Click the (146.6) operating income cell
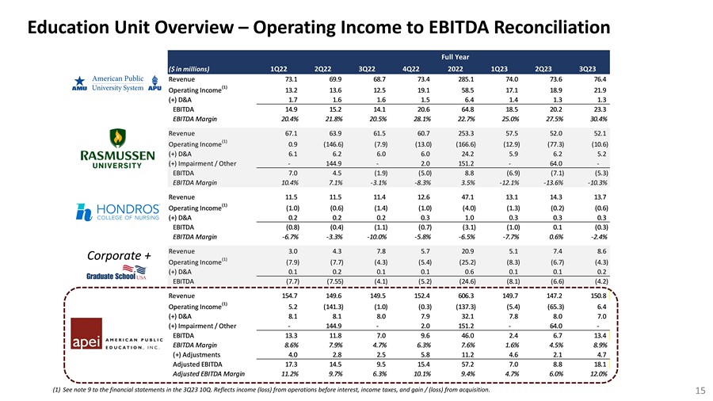tap(322, 144)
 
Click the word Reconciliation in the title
tap(524, 29)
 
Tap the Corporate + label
tap(120, 256)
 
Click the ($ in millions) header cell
tap(188, 68)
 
